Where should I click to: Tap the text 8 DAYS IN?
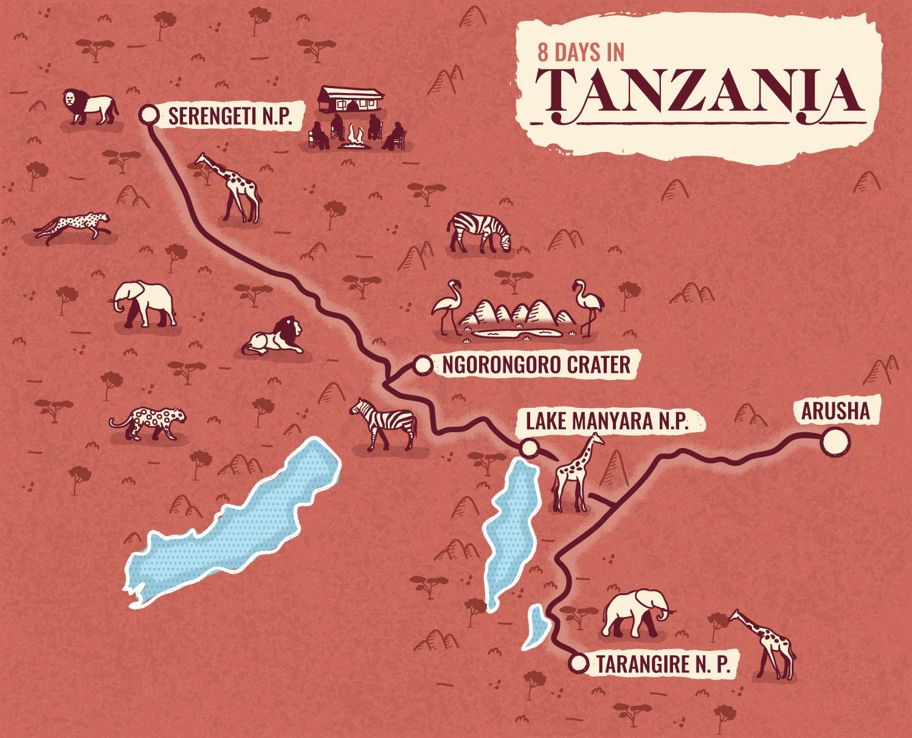pyautogui.click(x=581, y=53)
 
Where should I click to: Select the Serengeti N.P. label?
pyautogui.click(x=230, y=116)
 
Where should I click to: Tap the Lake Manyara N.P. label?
pyautogui.click(x=607, y=421)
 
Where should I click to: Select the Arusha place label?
pyautogui.click(x=835, y=412)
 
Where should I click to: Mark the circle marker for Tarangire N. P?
pyautogui.click(x=578, y=663)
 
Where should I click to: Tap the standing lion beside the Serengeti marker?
pyautogui.click(x=90, y=107)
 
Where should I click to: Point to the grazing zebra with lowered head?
pyautogui.click(x=480, y=232)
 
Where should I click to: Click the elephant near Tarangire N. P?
pyautogui.click(x=635, y=613)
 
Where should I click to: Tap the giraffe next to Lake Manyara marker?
pyautogui.click(x=575, y=474)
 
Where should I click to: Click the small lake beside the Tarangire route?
pyautogui.click(x=536, y=626)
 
